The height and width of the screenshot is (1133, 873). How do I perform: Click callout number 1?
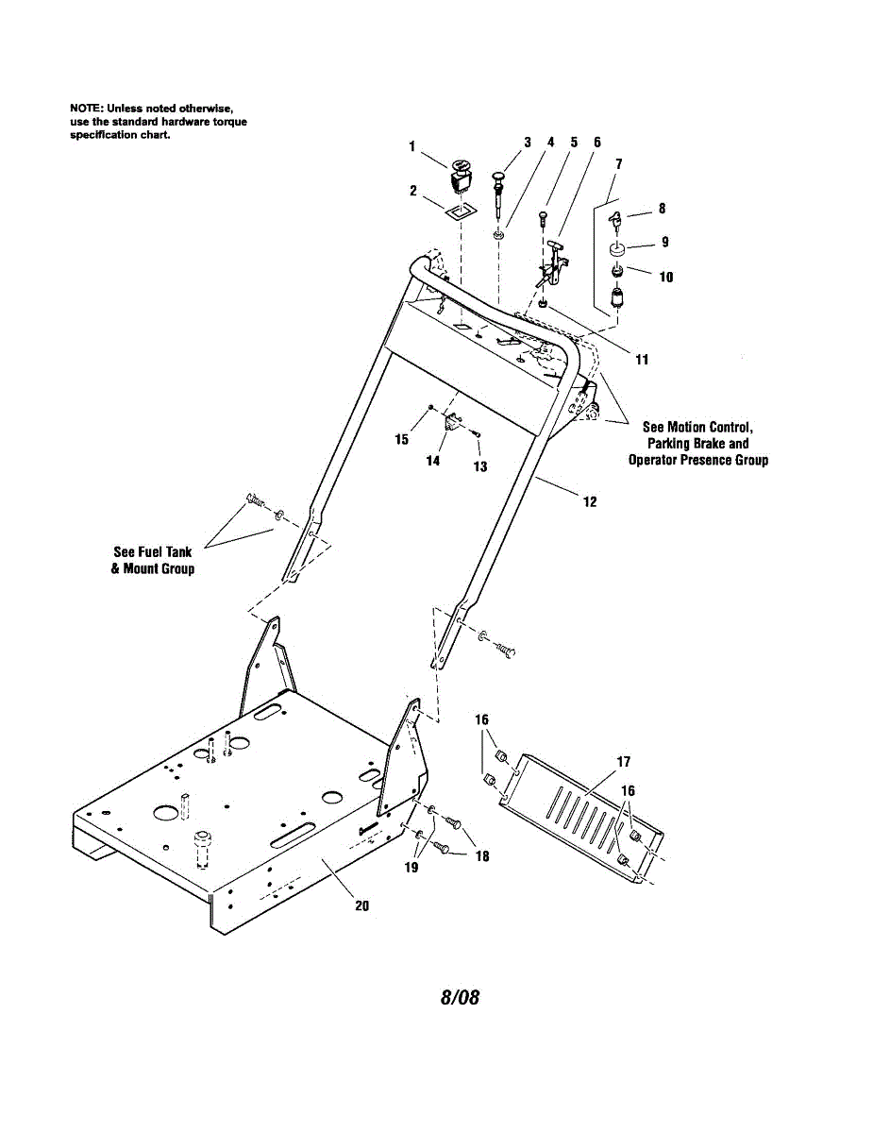tap(412, 145)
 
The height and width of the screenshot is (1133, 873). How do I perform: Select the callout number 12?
tap(590, 501)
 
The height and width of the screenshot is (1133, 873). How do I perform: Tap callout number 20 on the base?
tap(361, 905)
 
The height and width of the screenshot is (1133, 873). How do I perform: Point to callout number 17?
tap(624, 762)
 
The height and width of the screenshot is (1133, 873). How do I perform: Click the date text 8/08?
tap(460, 997)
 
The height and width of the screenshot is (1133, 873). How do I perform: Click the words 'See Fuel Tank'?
tap(153, 552)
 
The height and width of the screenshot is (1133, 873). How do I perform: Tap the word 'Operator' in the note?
tap(659, 460)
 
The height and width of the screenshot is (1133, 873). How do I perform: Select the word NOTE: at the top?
tap(87, 110)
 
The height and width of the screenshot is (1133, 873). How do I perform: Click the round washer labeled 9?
tap(617, 250)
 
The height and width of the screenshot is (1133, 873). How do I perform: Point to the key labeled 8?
tap(614, 223)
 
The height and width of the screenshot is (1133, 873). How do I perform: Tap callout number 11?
tap(642, 360)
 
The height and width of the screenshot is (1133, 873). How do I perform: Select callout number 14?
tap(432, 461)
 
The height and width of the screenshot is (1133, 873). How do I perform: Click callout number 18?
tap(482, 856)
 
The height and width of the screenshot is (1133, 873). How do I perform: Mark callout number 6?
tap(597, 143)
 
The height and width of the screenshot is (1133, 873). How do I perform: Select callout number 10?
tap(666, 278)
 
